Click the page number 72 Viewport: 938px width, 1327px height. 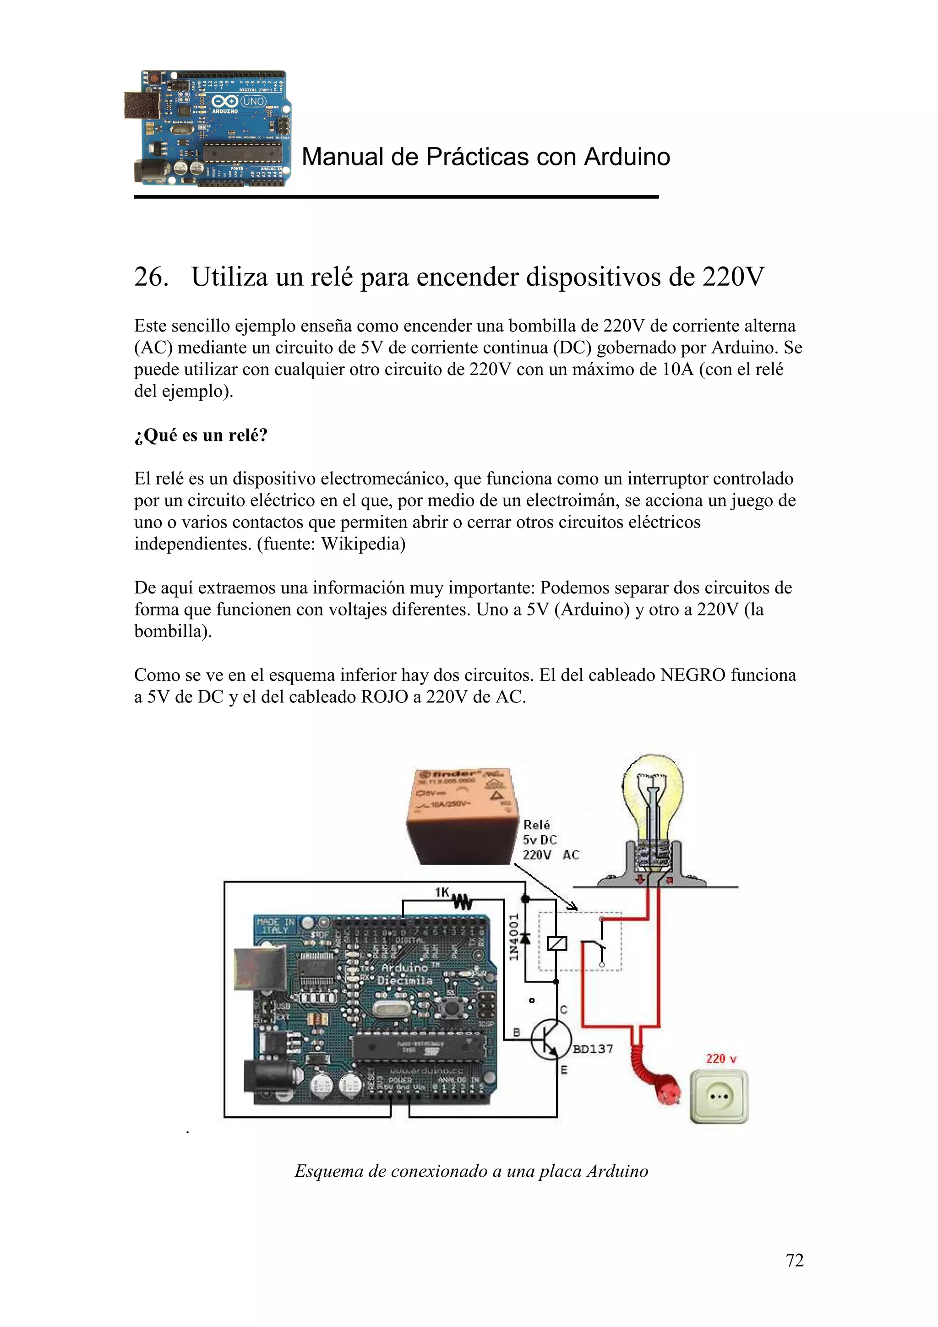(x=794, y=1260)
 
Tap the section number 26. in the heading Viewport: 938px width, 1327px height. (x=152, y=277)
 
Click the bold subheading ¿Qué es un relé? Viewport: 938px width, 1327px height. (x=201, y=435)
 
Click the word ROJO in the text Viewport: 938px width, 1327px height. (x=384, y=697)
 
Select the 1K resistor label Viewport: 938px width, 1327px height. (x=442, y=892)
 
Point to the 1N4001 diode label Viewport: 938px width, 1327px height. (x=513, y=937)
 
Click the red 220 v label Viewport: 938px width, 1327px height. (x=721, y=1058)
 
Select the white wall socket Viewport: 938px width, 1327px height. (x=718, y=1096)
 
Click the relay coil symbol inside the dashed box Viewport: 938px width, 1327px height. (x=556, y=944)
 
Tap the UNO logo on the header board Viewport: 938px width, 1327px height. (x=252, y=102)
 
